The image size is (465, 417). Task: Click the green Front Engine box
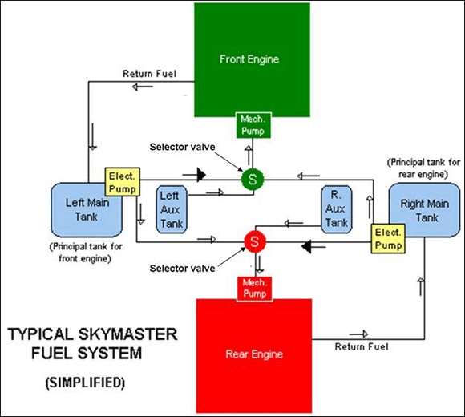pos(252,60)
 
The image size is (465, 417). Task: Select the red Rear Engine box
pos(254,356)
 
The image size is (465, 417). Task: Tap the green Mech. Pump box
pos(253,125)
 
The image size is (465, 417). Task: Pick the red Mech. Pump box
pos(254,289)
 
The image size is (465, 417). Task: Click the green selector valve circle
pos(253,180)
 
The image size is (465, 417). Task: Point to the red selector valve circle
pos(255,241)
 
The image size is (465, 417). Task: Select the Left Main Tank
pos(87,209)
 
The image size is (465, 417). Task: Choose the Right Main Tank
pos(425,210)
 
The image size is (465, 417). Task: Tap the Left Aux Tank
pos(172,209)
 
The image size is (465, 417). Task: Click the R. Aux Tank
pos(336,209)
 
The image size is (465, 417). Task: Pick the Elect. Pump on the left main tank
pos(123,182)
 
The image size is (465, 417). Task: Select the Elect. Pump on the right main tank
pos(388,239)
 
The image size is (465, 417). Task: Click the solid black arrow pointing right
pos(194,175)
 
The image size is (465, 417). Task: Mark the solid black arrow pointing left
pos(313,246)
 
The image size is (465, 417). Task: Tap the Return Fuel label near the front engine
pos(149,74)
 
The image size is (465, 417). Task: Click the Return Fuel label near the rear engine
pos(362,346)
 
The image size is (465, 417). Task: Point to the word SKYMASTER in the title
pos(128,334)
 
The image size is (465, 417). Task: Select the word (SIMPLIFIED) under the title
pos(86,383)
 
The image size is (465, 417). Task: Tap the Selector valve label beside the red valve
pos(182,269)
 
